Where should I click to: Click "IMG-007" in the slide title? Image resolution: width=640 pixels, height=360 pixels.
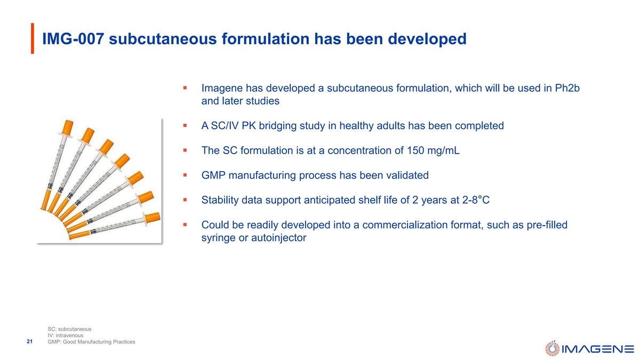coord(73,39)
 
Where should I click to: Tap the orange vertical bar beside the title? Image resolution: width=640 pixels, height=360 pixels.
coord(33,38)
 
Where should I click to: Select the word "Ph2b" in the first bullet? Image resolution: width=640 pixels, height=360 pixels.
coord(567,89)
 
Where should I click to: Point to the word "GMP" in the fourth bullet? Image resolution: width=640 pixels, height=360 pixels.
coord(213,175)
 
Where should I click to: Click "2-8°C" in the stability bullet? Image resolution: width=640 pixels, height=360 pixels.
coord(476,200)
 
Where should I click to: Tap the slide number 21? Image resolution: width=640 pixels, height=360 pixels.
coord(29,341)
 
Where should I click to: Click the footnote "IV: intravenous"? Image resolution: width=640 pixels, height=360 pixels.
coord(66,335)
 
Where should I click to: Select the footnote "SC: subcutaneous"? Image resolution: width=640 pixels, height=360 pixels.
coord(69,329)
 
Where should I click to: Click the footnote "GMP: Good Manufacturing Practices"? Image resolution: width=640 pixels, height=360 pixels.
coord(91,342)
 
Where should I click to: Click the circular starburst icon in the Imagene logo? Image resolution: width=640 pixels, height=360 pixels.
coord(553,348)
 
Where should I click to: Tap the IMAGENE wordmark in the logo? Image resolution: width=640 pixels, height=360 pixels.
coord(598,349)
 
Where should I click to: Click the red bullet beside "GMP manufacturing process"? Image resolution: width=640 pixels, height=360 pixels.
coord(185,175)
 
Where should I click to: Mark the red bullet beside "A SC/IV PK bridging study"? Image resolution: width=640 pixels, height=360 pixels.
coord(185,125)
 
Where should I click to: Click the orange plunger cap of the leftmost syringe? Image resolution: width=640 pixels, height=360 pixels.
coord(67,127)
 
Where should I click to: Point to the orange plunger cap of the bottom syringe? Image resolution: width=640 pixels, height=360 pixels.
coord(153,218)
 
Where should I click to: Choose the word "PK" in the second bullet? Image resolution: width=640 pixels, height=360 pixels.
coord(249,126)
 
